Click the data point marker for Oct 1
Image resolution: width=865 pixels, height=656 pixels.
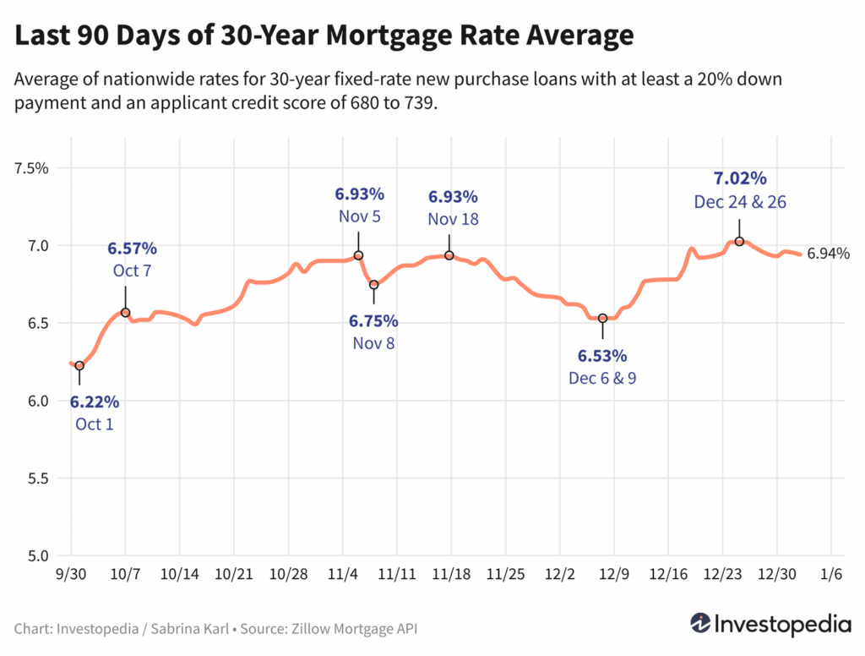point(79,365)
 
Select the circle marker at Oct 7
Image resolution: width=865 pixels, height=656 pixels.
point(126,313)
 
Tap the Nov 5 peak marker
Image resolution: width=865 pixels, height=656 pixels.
point(358,255)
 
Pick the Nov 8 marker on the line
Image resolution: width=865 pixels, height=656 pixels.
point(374,285)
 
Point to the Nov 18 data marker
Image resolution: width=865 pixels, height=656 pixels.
point(449,255)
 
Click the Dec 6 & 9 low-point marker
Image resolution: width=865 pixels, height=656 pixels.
point(602,319)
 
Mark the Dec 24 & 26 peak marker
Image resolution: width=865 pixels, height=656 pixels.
point(739,242)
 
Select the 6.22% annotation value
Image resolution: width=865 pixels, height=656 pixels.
point(94,402)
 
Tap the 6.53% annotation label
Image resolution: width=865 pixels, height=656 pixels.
point(602,355)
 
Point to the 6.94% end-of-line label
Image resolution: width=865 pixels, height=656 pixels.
point(828,254)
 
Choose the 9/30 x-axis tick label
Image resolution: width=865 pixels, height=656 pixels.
point(71,574)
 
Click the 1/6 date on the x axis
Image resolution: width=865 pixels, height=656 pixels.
point(832,574)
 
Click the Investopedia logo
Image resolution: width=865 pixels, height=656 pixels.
point(770,624)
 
